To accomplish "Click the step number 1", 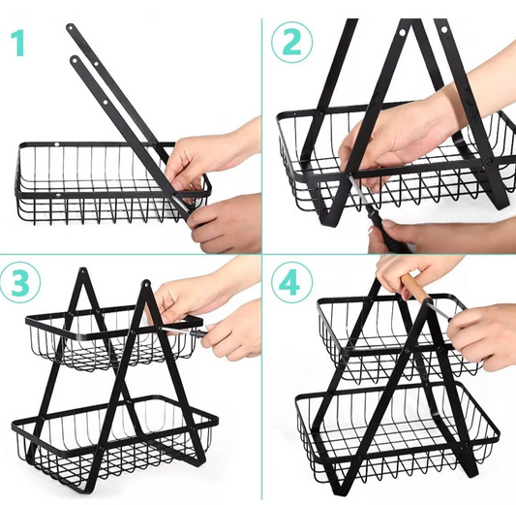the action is pos(17,44).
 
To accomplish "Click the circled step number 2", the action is pos(292,43).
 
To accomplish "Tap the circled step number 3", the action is pos(19,282).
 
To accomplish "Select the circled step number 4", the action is pos(292,283).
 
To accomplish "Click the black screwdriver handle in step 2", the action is pos(384,232).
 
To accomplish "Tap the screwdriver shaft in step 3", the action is pos(178,331).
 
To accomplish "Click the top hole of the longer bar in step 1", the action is pos(71,28).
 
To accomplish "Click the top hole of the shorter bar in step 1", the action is pos(76,60).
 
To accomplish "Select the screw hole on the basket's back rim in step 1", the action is pos(56,144).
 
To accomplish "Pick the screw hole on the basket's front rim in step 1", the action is pos(58,196).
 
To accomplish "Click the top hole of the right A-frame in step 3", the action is pos(145,283).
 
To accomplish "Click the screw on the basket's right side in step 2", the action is pos(489,161).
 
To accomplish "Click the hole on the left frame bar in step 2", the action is pos(402,33).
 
